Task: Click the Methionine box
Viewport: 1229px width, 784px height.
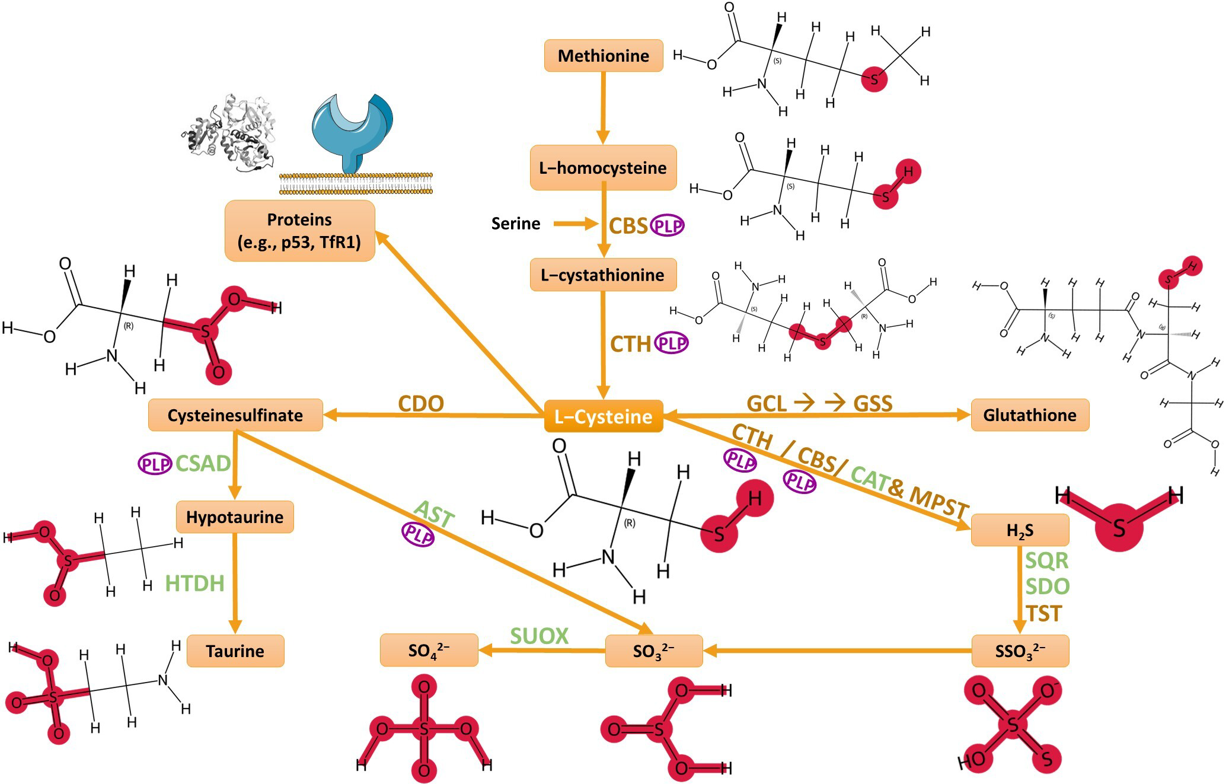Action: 603,56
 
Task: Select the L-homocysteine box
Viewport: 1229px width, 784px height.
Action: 603,168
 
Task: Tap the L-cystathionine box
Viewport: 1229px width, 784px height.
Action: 603,275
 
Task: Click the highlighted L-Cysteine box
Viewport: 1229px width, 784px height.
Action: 603,416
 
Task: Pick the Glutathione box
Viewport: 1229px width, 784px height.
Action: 1029,415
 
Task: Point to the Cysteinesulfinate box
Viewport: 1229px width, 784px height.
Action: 235,415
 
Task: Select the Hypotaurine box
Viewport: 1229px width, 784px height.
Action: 235,517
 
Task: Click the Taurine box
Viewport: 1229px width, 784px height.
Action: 235,651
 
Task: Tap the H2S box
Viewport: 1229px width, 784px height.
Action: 1020,530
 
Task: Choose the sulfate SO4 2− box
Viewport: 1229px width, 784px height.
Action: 429,651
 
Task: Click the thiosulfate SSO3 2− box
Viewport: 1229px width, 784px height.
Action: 1020,651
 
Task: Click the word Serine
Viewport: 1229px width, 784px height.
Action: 515,224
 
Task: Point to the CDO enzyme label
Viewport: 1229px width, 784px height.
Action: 421,403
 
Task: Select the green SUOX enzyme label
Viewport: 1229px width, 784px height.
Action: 539,636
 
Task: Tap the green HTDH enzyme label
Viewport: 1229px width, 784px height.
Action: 194,583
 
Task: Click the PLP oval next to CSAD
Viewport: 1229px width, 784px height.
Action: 155,464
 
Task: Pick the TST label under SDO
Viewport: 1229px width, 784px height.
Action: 1044,613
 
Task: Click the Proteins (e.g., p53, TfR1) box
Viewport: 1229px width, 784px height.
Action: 299,230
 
